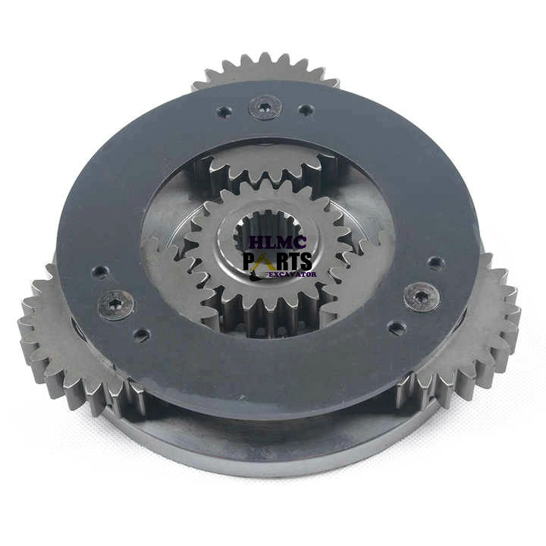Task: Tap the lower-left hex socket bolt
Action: tap(115, 306)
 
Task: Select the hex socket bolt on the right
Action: tap(420, 297)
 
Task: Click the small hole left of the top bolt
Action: tap(224, 111)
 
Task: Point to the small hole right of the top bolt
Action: tap(306, 110)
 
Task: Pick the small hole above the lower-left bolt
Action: tap(100, 271)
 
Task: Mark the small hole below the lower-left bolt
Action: tap(142, 335)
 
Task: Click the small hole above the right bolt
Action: tap(435, 263)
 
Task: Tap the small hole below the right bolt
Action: tap(397, 327)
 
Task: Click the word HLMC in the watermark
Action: tap(278, 243)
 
